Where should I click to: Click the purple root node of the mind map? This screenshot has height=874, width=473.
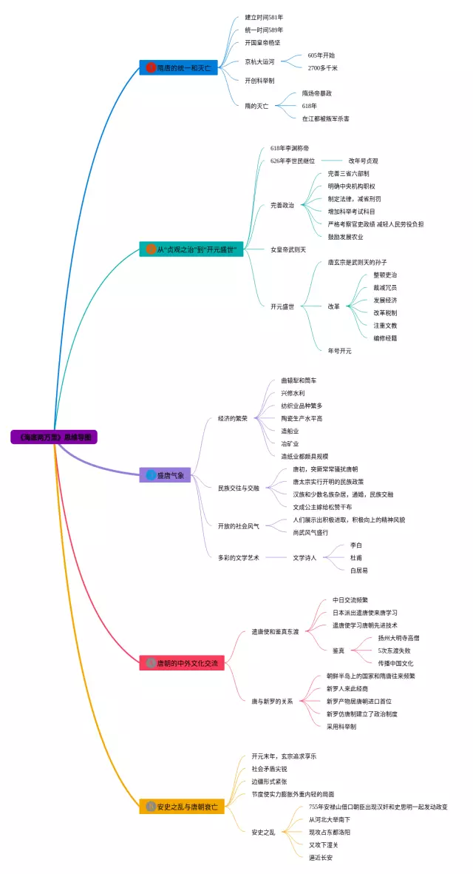[x=54, y=437]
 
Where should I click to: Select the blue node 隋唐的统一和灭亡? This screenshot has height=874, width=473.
[x=179, y=68]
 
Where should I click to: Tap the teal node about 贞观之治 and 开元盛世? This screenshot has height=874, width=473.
[x=191, y=249]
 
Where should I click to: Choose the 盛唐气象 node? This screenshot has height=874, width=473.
[x=166, y=475]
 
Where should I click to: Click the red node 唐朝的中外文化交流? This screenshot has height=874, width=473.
[x=182, y=663]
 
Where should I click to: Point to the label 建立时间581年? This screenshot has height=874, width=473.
[x=264, y=17]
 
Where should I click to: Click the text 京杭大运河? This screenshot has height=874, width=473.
[x=259, y=61]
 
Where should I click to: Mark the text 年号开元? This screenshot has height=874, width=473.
[x=339, y=351]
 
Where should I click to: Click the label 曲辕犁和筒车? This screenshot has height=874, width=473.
[x=299, y=380]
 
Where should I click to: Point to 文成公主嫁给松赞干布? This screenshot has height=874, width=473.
[x=322, y=507]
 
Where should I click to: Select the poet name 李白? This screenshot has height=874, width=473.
[x=356, y=545]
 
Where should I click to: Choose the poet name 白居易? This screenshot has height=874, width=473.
[x=358, y=571]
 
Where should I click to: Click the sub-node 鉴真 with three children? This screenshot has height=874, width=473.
[x=338, y=651]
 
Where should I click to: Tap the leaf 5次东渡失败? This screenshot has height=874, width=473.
[x=395, y=651]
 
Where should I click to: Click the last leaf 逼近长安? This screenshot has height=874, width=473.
[x=321, y=858]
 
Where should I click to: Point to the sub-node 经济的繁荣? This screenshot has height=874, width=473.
[x=233, y=418]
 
